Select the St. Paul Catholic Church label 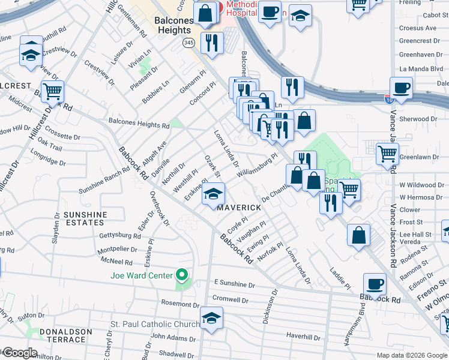coord(154,325)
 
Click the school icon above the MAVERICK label coord(212,194)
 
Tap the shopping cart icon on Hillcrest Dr coord(52,92)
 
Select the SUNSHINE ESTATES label coord(85,218)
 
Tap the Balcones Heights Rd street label coord(139,126)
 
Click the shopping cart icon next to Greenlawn coord(387,154)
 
